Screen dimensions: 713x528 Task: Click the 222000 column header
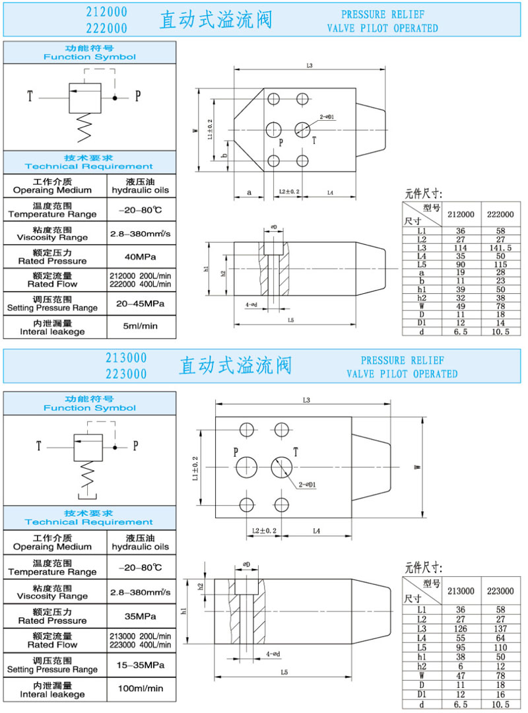500,215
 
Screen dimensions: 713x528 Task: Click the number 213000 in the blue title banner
126,357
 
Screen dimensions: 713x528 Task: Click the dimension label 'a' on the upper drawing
249,192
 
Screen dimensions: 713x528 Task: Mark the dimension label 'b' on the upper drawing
225,156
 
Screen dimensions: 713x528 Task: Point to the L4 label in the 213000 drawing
316,531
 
